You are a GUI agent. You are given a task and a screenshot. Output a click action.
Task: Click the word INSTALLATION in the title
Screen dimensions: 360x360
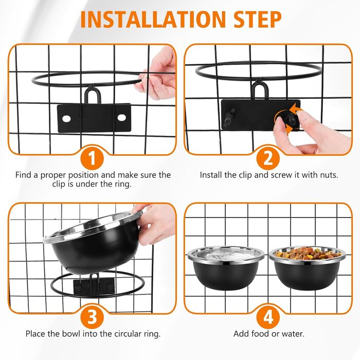coord(153,20)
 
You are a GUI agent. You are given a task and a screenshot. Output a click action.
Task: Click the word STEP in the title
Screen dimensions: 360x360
coord(257,20)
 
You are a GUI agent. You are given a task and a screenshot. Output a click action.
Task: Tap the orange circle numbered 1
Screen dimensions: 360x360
coord(92,158)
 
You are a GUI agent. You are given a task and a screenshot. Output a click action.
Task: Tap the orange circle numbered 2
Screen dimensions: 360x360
coord(268,158)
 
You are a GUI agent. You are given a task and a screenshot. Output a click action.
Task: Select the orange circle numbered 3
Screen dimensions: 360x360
coord(92,317)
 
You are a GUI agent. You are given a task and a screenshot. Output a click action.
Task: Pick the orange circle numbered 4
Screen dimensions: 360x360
coord(268,317)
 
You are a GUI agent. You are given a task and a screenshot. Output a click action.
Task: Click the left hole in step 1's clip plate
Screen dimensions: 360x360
coord(66,119)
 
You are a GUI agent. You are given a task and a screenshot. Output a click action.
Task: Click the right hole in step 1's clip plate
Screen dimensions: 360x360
coord(122,118)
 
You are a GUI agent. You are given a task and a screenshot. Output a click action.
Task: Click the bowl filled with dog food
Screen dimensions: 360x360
coord(307,267)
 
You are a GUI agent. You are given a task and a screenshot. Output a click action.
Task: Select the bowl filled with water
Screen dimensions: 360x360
coord(226,268)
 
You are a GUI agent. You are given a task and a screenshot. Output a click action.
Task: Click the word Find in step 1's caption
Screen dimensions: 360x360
coord(23,175)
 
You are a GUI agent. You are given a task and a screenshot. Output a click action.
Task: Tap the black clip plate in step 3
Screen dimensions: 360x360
coord(94,286)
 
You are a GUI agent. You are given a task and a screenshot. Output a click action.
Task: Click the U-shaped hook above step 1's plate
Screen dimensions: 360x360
coord(93,95)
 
